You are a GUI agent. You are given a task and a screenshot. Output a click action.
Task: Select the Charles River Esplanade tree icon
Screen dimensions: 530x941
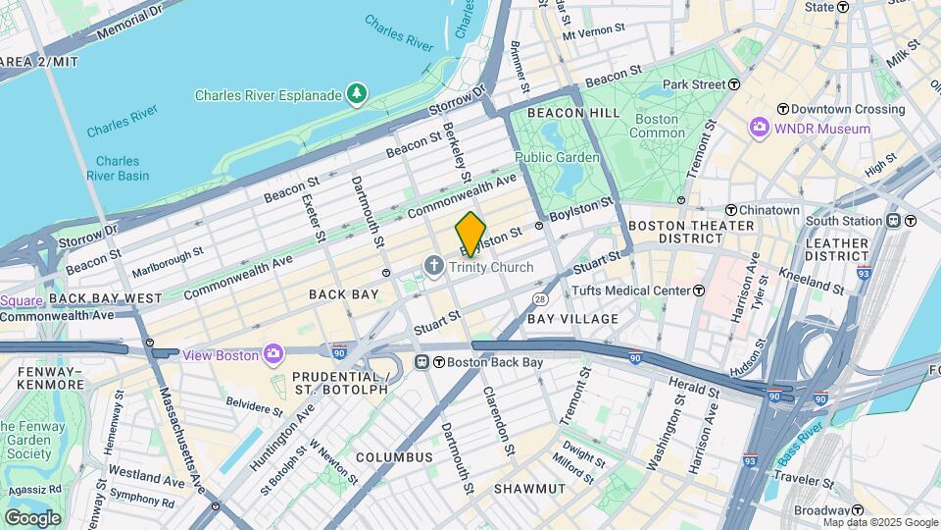(358, 94)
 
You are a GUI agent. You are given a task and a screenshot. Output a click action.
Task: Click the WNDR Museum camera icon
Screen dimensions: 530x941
(759, 129)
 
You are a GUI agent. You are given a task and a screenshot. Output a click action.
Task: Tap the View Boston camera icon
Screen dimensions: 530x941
(273, 354)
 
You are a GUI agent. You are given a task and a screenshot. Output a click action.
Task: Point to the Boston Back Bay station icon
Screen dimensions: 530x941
(423, 362)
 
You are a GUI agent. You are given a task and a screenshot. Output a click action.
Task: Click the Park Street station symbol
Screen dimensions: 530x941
(734, 85)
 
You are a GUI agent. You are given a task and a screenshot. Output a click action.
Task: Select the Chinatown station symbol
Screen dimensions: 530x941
(730, 210)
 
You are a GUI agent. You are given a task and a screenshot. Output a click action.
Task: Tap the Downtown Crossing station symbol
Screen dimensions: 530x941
(783, 109)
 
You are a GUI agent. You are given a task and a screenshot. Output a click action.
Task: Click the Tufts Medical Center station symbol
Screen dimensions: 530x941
(699, 291)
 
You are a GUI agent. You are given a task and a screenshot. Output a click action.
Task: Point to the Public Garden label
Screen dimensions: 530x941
(557, 157)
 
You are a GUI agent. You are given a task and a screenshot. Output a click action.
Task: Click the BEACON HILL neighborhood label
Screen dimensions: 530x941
(573, 113)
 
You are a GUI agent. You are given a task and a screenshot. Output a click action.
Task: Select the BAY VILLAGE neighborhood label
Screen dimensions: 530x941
(573, 319)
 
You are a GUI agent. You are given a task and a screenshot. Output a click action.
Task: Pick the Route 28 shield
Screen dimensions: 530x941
(539, 298)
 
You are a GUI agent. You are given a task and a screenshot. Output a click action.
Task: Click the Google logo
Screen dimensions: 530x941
(32, 517)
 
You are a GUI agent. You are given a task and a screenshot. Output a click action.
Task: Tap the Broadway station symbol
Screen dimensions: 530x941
(858, 510)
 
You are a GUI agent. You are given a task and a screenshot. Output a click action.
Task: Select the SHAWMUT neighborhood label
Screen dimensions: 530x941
(528, 488)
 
